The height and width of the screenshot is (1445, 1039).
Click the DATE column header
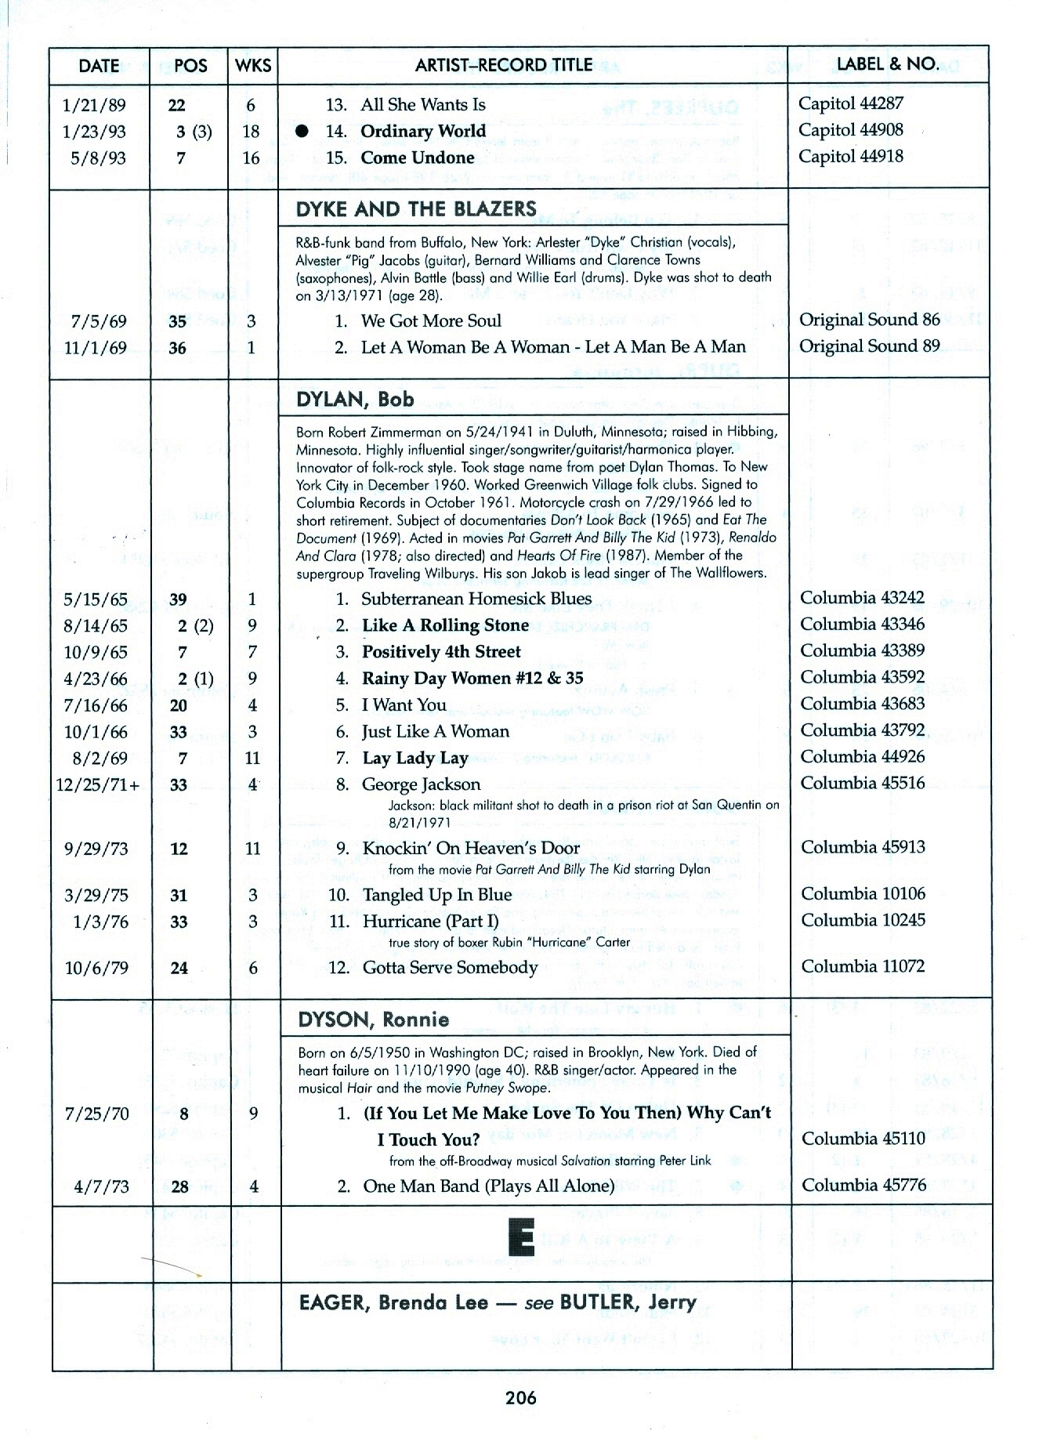tap(99, 65)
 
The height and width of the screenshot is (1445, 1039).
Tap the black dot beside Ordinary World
tap(302, 132)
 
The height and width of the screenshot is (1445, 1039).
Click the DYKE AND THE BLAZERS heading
tap(416, 209)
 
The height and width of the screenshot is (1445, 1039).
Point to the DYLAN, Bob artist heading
tap(355, 399)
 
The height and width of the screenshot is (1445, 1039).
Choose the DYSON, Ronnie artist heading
tap(374, 1019)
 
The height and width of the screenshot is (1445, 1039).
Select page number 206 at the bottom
tap(520, 1397)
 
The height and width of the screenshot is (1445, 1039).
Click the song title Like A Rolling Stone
tap(445, 625)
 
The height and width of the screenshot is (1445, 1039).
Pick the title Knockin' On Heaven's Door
tap(471, 848)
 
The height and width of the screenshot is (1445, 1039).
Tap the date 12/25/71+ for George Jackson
tap(98, 784)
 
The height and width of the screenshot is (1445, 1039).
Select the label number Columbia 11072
tap(863, 966)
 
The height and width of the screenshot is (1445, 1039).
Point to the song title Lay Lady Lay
tap(415, 758)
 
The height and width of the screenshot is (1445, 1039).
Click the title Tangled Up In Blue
tap(436, 895)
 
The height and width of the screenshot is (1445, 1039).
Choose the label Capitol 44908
tap(850, 130)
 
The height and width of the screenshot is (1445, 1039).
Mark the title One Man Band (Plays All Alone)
tap(488, 1186)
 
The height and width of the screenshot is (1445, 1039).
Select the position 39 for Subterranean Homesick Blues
tap(179, 599)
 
